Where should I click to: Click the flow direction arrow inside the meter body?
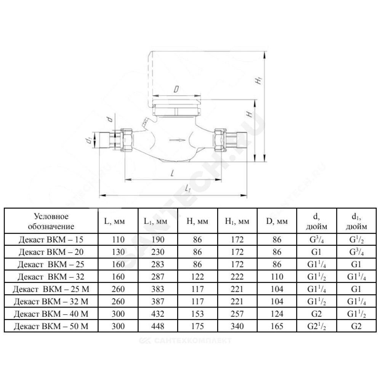[x=177, y=140]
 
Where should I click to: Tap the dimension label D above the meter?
[x=176, y=90]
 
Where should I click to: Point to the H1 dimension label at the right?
[x=259, y=80]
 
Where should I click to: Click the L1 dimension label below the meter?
[x=187, y=188]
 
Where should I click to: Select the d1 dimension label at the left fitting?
[x=89, y=141]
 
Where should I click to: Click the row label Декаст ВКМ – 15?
[x=51, y=240]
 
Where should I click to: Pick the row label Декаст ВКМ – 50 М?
[x=51, y=327]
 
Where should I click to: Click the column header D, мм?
[x=277, y=221]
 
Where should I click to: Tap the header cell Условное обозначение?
[x=51, y=221]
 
